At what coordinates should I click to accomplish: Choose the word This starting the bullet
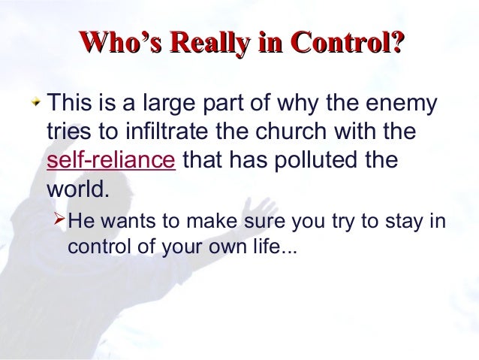click(70, 103)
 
